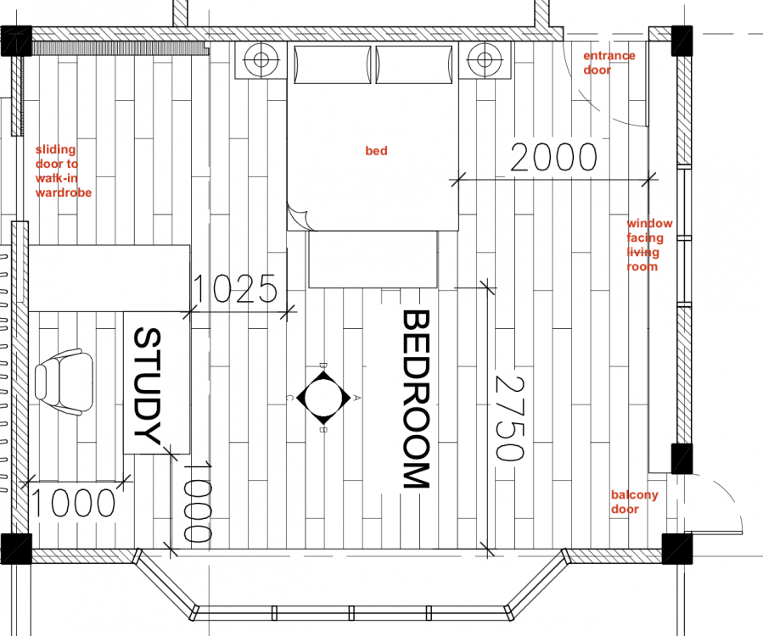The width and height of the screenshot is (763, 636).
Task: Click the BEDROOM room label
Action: pyautogui.click(x=416, y=399)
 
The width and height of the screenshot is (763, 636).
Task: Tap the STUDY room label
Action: pyautogui.click(x=147, y=386)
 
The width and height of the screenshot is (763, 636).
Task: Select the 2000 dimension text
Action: pyautogui.click(x=553, y=157)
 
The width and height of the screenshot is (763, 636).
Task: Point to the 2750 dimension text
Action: pyautogui.click(x=509, y=418)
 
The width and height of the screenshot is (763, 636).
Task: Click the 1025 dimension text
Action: pyautogui.click(x=235, y=288)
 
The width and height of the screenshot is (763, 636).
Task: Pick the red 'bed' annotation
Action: pyautogui.click(x=376, y=151)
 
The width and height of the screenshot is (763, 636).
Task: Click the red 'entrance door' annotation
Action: pyautogui.click(x=609, y=63)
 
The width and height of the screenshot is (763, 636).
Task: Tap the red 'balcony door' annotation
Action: pyautogui.click(x=634, y=502)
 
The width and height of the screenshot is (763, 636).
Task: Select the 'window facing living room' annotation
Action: pyautogui.click(x=649, y=244)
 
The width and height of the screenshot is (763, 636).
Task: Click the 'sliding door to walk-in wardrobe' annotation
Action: pyautogui.click(x=64, y=170)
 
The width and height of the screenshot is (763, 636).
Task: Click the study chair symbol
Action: pyautogui.click(x=64, y=382)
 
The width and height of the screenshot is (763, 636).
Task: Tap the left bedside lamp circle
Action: pyautogui.click(x=261, y=60)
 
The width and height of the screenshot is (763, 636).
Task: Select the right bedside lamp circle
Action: pyautogui.click(x=484, y=60)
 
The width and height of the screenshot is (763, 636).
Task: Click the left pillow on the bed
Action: pyautogui.click(x=333, y=64)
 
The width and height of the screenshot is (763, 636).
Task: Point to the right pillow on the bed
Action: pyautogui.click(x=414, y=64)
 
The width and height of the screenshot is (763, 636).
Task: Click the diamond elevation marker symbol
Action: pyautogui.click(x=323, y=398)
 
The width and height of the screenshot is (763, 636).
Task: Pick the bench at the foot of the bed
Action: pyautogui.click(x=373, y=259)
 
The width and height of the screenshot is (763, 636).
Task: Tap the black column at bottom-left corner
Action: pyautogui.click(x=16, y=549)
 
